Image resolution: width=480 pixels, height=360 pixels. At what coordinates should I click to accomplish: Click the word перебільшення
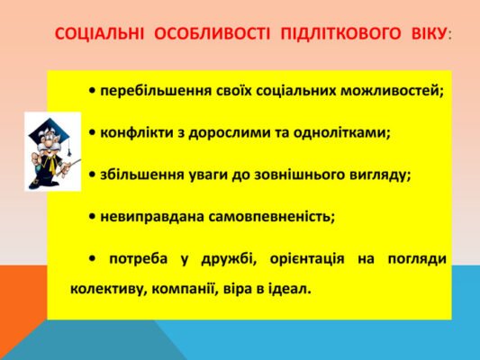pyautogui.click(x=149, y=91)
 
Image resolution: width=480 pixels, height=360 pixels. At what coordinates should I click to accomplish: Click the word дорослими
pyautogui.click(x=225, y=133)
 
